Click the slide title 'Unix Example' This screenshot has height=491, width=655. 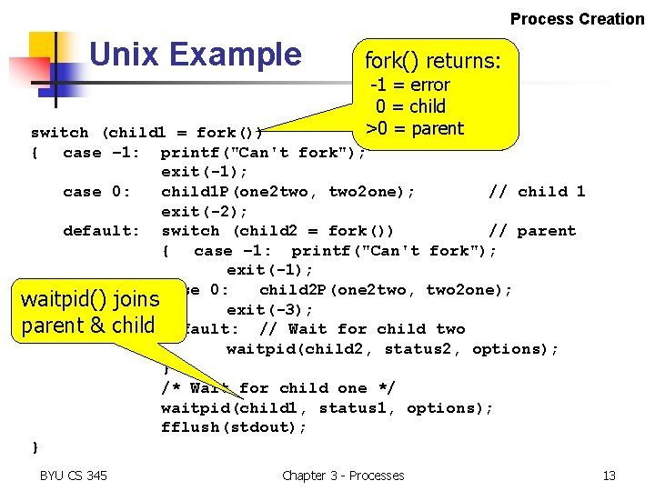(x=195, y=55)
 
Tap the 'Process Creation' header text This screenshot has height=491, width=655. (x=577, y=18)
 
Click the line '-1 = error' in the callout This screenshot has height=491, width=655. (x=409, y=85)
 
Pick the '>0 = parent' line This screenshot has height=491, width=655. (x=414, y=128)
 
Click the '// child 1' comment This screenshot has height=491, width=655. (x=537, y=191)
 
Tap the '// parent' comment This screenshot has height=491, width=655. (x=532, y=231)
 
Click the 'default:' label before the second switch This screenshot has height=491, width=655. (x=101, y=231)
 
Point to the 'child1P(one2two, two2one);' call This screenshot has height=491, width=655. (x=288, y=191)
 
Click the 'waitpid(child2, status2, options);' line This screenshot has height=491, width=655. (x=392, y=349)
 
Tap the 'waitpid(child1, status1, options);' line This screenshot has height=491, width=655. (x=327, y=408)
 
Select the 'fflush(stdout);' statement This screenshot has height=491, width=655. (x=234, y=427)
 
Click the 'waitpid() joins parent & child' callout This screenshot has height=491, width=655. (x=90, y=312)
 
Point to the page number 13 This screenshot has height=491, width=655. (x=609, y=475)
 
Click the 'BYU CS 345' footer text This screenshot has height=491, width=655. (x=73, y=475)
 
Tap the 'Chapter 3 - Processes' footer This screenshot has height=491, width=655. (x=343, y=475)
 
